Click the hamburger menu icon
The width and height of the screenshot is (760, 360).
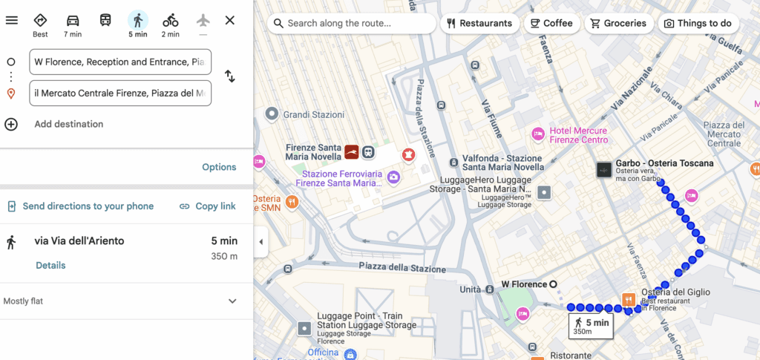(11, 20)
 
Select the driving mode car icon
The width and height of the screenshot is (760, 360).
(73, 21)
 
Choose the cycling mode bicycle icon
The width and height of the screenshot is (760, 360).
(171, 21)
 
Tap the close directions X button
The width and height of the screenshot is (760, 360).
(230, 20)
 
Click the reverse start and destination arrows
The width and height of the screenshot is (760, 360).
(230, 76)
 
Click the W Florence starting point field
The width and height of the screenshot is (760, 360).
(120, 62)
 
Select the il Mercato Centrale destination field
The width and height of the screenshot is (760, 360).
(120, 94)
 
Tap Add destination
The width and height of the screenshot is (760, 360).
(68, 124)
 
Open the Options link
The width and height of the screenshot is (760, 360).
(219, 167)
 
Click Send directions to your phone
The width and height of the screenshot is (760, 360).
(88, 206)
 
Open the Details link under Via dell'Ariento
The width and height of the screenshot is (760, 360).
(50, 265)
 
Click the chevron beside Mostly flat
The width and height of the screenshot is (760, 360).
(232, 301)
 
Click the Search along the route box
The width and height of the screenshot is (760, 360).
(352, 23)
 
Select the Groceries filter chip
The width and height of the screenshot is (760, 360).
(617, 23)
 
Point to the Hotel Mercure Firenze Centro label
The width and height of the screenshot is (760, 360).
(578, 135)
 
